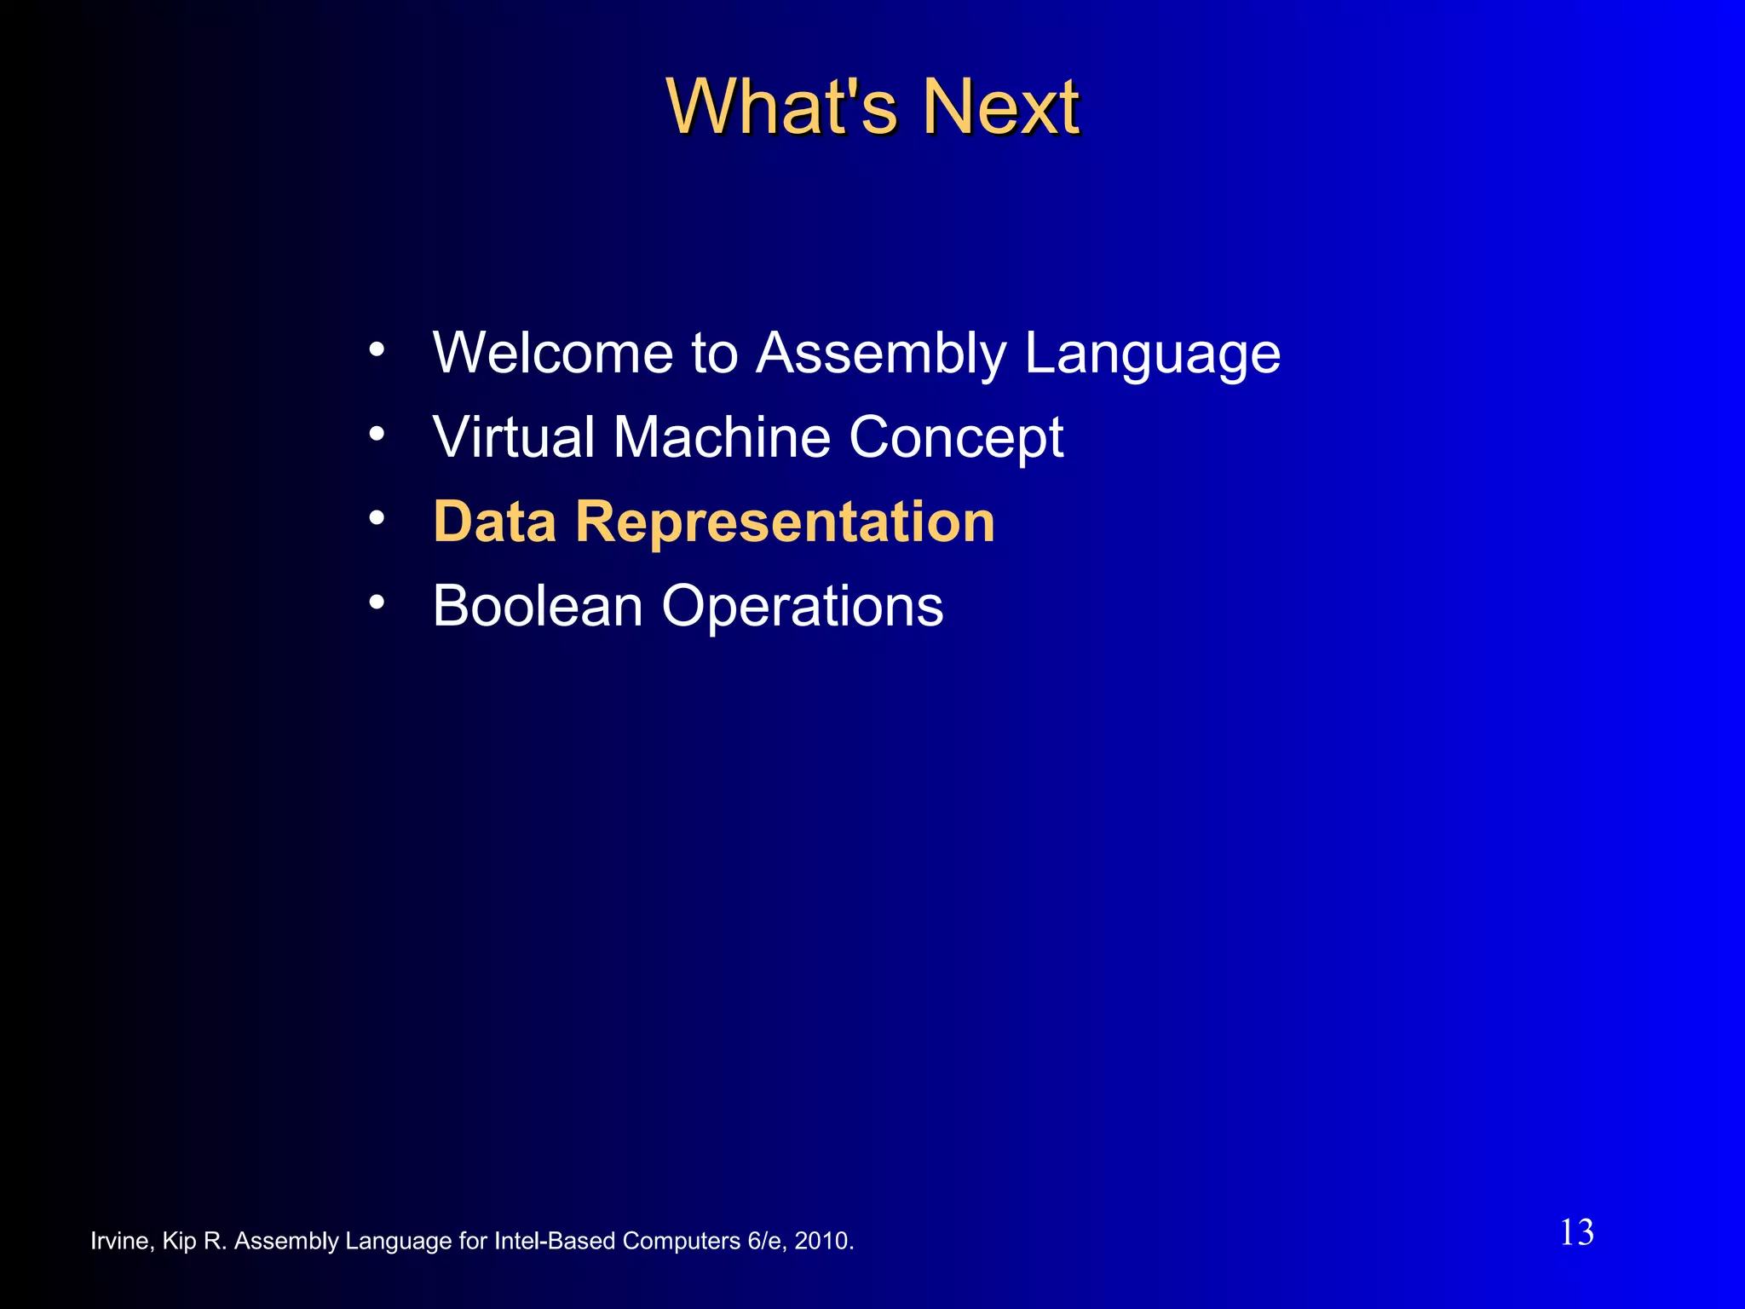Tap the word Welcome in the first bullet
(553, 352)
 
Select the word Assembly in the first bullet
(881, 354)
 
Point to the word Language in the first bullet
(1152, 354)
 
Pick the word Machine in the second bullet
(721, 436)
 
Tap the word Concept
(956, 438)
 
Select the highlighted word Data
(494, 521)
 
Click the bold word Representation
(785, 522)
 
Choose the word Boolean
(537, 606)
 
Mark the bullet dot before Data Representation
(377, 517)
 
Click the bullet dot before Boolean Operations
(377, 602)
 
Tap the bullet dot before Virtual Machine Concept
(377, 434)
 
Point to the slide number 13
(1576, 1232)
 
